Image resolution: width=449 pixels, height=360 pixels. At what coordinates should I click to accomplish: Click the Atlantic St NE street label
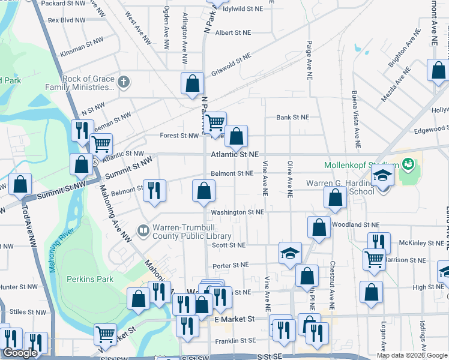(234, 155)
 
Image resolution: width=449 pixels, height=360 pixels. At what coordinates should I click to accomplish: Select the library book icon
(143, 229)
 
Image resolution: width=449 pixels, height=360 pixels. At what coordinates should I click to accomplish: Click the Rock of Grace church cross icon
(124, 82)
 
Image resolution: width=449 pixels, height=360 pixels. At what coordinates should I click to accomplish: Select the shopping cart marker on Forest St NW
(215, 124)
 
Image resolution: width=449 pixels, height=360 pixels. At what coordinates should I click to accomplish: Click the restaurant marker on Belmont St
(154, 190)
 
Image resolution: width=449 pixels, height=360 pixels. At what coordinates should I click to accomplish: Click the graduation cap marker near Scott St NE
(290, 253)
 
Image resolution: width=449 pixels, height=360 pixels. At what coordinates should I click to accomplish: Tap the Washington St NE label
(237, 212)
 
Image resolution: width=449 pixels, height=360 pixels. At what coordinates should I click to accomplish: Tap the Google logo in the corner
(20, 353)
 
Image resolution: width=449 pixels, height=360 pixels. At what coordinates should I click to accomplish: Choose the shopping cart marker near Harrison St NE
(374, 259)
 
